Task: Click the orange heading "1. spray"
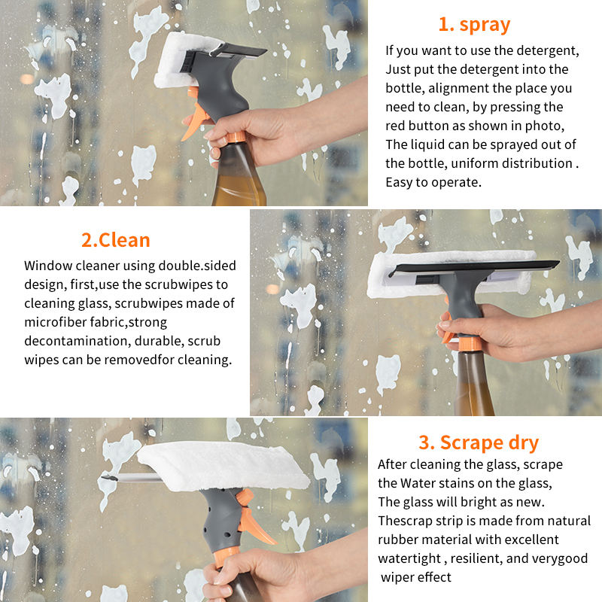474,25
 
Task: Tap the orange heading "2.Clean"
116,240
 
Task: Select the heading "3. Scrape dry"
479,442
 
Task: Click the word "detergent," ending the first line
548,50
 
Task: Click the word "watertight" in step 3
409,558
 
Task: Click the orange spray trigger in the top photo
195,117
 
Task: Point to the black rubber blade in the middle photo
474,267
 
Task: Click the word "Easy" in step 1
399,183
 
